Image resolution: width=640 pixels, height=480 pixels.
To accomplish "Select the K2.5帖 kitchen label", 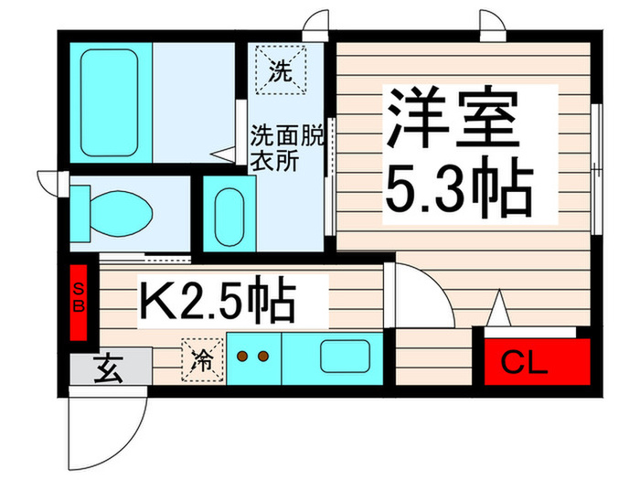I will (x=217, y=301).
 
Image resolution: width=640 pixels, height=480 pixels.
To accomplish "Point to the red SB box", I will (x=80, y=299).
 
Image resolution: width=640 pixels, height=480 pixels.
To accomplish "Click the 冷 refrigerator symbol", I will (x=202, y=357).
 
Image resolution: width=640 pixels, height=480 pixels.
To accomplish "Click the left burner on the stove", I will (x=242, y=357).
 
